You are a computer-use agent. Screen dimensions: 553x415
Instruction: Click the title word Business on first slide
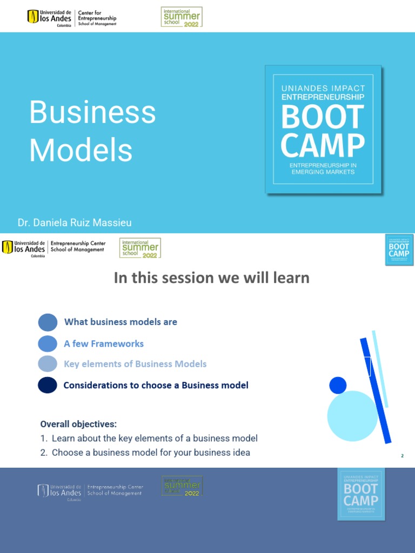click(x=92, y=113)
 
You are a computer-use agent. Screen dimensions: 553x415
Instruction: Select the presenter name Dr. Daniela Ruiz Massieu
click(x=75, y=222)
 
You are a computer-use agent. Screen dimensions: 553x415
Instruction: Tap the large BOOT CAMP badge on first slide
click(x=323, y=129)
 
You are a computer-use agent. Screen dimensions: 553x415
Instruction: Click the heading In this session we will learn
click(x=211, y=278)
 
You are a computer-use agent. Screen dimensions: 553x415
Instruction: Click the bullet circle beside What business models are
click(x=48, y=322)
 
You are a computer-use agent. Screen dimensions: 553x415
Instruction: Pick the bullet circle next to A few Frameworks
click(x=48, y=343)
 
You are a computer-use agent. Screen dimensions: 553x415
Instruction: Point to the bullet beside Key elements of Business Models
click(x=48, y=364)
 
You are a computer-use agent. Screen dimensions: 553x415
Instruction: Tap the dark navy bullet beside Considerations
click(x=48, y=385)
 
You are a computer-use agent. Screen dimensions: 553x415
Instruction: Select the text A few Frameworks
click(x=104, y=343)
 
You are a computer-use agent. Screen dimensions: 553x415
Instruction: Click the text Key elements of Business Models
click(x=135, y=364)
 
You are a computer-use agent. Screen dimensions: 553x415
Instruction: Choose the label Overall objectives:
click(x=78, y=424)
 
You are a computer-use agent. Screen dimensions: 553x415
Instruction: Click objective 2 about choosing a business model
click(x=145, y=453)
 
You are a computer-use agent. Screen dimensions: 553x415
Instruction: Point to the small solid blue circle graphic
click(x=338, y=385)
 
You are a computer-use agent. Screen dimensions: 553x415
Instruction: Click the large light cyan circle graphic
click(x=352, y=416)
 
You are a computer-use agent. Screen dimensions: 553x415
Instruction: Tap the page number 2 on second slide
click(x=402, y=456)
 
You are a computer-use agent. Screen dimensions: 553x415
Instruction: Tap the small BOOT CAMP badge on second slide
click(x=399, y=249)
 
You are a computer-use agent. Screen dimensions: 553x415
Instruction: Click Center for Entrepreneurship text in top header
click(x=97, y=17)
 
